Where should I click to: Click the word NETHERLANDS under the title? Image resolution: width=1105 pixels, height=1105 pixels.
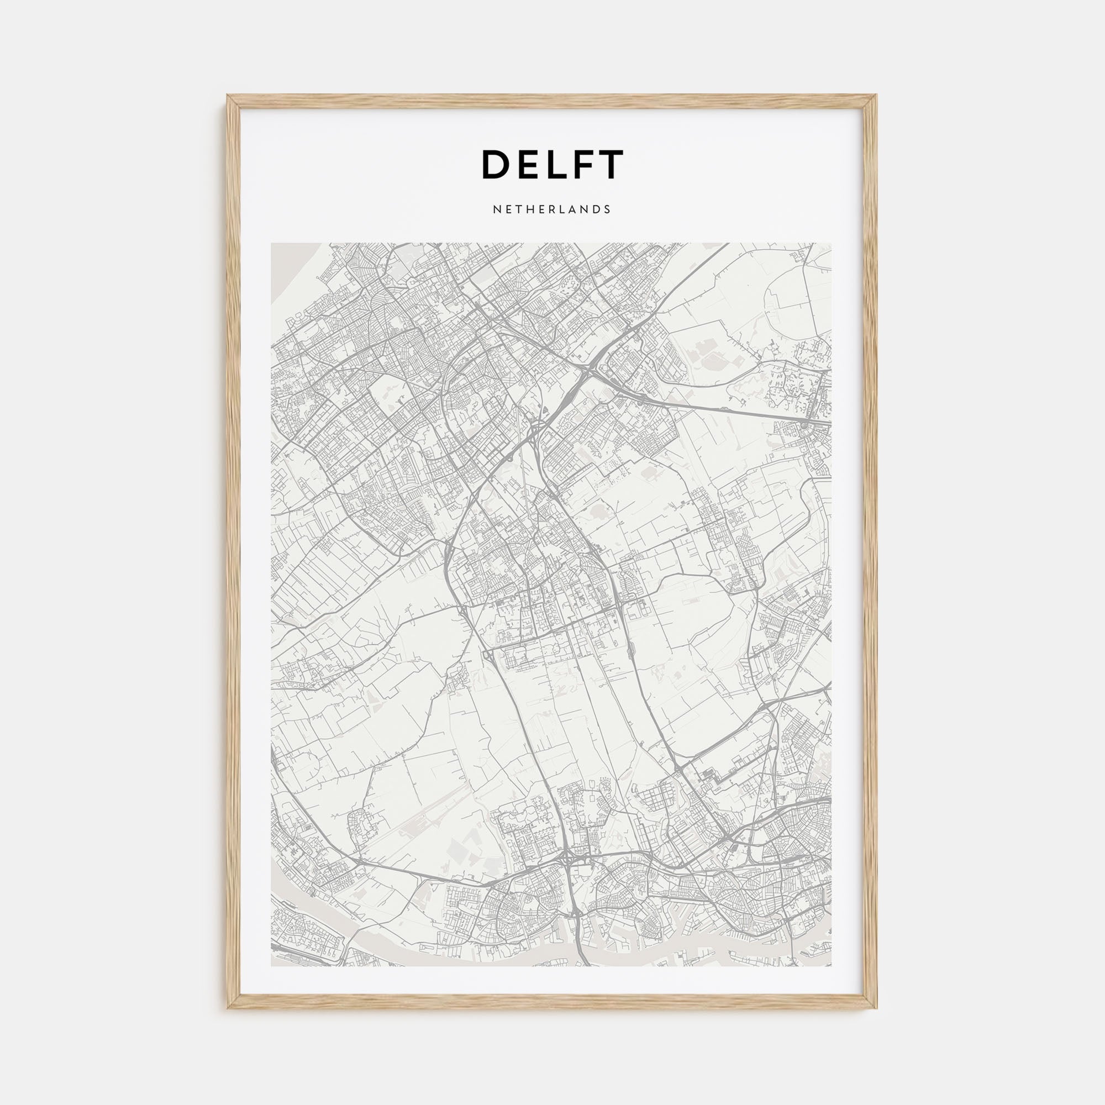[552, 209]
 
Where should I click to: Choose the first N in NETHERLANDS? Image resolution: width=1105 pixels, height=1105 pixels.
[496, 209]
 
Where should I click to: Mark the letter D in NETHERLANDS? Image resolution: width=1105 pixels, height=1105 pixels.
[598, 209]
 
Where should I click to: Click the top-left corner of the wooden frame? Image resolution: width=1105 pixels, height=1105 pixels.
[229, 97]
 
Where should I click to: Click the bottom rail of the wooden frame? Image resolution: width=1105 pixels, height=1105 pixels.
[552, 1002]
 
